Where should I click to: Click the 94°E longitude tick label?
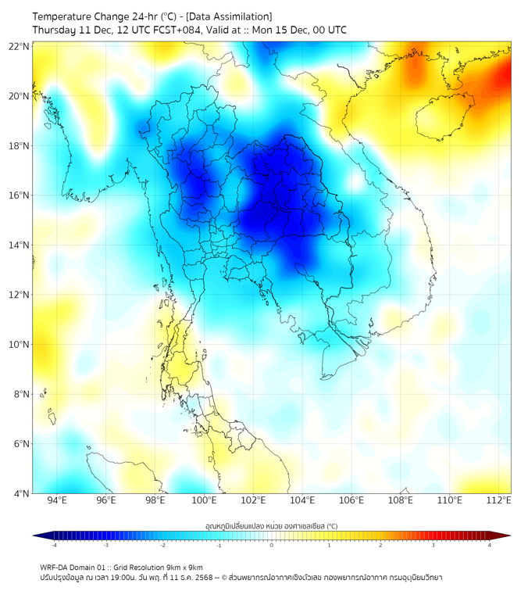click(x=57, y=501)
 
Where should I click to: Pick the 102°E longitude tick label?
click(x=253, y=501)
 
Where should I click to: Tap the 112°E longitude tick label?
click(x=499, y=501)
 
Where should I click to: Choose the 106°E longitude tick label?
click(x=351, y=501)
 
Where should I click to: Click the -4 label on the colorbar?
click(x=53, y=546)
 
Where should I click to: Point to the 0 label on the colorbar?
click(x=272, y=546)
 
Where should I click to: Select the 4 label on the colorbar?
click(x=490, y=546)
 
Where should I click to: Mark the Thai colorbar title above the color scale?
click(x=271, y=525)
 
